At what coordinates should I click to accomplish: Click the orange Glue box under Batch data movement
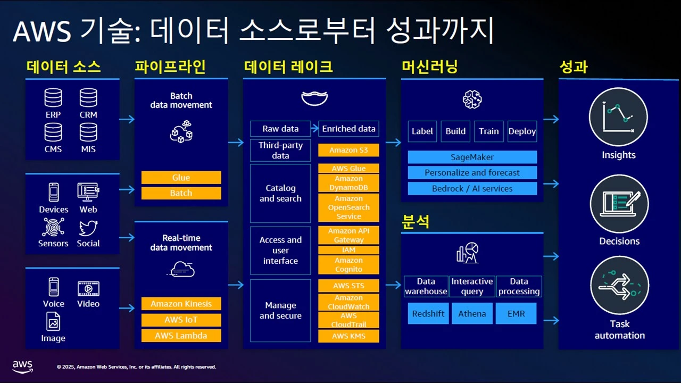click(181, 178)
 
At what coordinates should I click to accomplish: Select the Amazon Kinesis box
click(181, 304)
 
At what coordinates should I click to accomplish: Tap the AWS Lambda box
click(181, 336)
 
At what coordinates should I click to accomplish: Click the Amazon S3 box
click(348, 150)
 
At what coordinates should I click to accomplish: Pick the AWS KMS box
click(348, 336)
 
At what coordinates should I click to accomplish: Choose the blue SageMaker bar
click(472, 157)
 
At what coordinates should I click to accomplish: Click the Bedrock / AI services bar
click(472, 188)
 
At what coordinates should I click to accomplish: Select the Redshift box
click(428, 314)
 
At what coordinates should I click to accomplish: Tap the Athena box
click(472, 314)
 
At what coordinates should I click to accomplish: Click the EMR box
click(516, 314)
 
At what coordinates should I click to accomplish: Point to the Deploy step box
click(522, 131)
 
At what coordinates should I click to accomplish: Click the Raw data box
click(280, 129)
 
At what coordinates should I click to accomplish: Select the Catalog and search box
click(280, 194)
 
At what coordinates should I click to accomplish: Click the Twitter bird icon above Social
click(88, 228)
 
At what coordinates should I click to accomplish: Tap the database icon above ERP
click(53, 98)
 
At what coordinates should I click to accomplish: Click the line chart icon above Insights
click(618, 116)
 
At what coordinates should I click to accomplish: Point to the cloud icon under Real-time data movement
click(181, 269)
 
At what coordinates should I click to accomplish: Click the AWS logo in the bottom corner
click(22, 367)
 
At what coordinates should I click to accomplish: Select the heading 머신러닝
click(429, 66)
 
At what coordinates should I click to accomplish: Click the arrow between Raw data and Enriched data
click(314, 129)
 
